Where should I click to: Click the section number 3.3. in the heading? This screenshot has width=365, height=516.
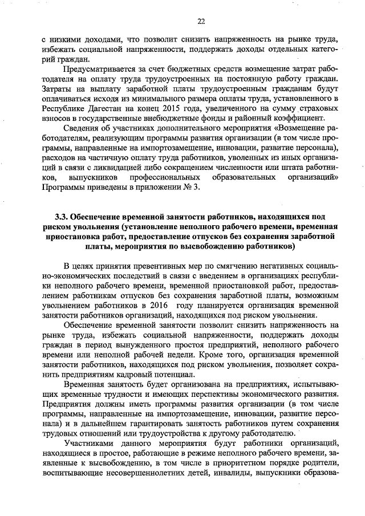pyautogui.click(x=62, y=217)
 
